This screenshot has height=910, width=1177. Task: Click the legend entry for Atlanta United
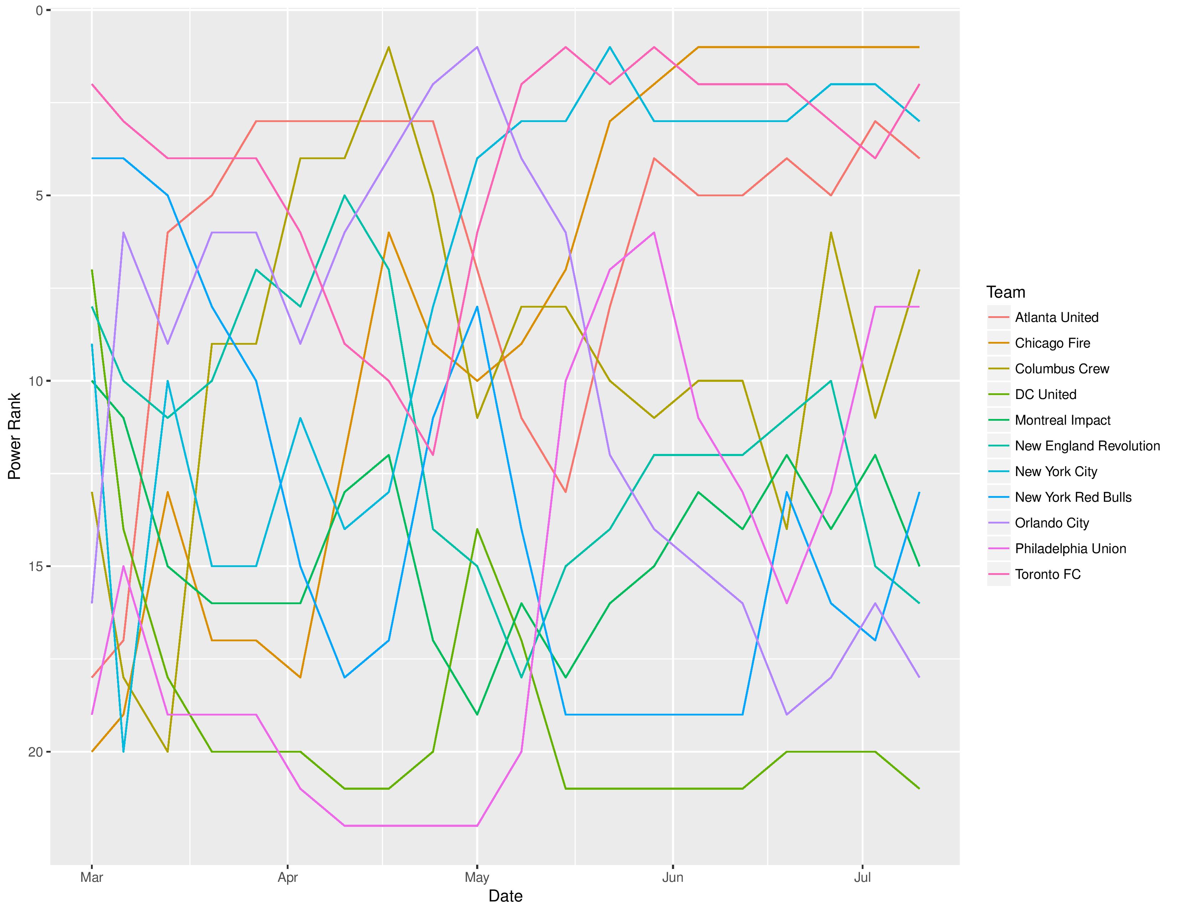(1056, 318)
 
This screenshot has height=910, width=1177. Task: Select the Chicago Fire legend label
(1052, 343)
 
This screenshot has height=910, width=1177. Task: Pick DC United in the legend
(1045, 395)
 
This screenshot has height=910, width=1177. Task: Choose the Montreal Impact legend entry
(1063, 420)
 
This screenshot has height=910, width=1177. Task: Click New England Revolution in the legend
(1087, 446)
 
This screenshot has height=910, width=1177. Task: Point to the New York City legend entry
(1056, 472)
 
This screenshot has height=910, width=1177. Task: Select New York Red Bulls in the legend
(1073, 497)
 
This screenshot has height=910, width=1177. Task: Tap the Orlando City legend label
(1052, 523)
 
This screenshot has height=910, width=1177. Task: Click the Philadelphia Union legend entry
(1070, 549)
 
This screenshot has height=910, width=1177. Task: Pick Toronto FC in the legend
(1048, 574)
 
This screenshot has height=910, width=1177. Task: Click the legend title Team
(1006, 292)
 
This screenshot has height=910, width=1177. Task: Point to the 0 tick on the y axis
(39, 10)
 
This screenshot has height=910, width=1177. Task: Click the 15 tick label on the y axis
(36, 567)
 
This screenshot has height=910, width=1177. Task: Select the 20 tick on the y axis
(36, 752)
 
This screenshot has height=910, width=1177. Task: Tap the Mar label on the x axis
(92, 877)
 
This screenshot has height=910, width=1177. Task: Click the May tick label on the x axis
(477, 877)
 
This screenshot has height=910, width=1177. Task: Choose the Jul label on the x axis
(863, 877)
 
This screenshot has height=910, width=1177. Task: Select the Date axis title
(505, 896)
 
